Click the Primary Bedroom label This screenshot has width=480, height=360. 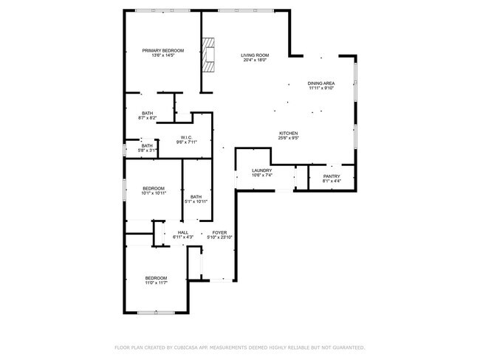click(x=163, y=50)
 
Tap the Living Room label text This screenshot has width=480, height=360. click(x=255, y=55)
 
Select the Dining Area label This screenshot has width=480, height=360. click(x=321, y=83)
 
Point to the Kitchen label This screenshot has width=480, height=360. click(x=288, y=133)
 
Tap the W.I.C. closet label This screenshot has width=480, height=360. click(x=187, y=137)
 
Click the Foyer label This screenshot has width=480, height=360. click(x=219, y=232)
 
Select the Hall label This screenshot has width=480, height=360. click(x=182, y=232)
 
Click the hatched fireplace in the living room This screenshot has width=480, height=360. click(x=210, y=54)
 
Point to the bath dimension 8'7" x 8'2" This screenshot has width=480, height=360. click(x=148, y=118)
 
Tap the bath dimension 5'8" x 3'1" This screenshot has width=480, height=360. click(x=148, y=150)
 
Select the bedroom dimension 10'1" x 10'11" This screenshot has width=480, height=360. click(x=153, y=193)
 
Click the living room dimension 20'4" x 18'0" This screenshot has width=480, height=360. click(x=255, y=60)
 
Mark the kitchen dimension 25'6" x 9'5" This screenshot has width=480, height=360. click(x=288, y=138)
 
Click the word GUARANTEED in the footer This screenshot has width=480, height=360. click(x=347, y=347)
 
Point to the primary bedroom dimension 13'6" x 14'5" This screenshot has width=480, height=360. click(x=163, y=55)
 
